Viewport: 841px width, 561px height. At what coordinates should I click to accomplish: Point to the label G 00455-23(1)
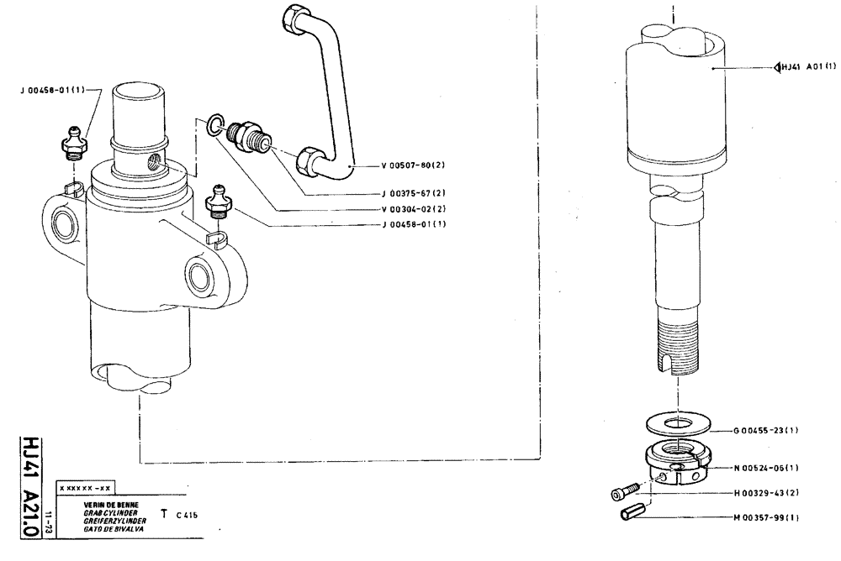point(764,431)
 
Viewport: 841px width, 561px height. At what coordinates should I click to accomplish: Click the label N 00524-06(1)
point(764,468)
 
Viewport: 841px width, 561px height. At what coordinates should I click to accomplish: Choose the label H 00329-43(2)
point(764,493)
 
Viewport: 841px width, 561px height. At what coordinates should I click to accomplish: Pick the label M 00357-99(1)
point(764,518)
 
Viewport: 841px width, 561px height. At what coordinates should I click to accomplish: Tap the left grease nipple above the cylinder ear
point(74,142)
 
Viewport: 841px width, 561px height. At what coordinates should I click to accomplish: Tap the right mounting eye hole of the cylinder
point(202,275)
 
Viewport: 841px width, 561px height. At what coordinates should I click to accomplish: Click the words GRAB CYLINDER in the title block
point(103,511)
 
